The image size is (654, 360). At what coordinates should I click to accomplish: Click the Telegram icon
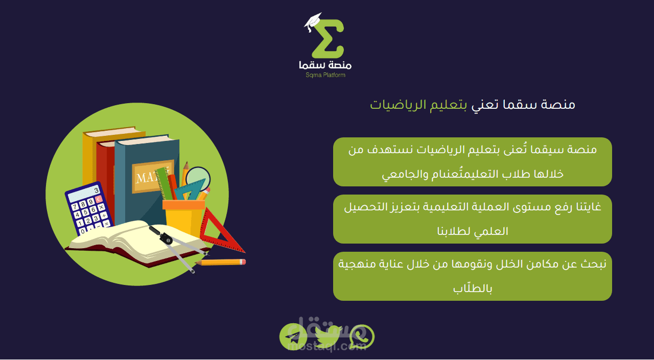pos(293,337)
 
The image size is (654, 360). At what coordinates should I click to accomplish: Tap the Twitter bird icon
pos(328,336)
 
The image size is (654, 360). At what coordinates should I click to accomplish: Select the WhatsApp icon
pos(361,337)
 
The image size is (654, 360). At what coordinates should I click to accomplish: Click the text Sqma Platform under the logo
pos(325,75)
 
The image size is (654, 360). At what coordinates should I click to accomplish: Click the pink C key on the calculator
pos(99,199)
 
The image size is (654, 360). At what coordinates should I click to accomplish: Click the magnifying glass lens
pos(198,179)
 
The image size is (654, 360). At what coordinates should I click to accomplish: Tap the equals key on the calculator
pos(106,224)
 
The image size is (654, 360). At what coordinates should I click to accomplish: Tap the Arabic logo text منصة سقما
pos(325,65)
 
